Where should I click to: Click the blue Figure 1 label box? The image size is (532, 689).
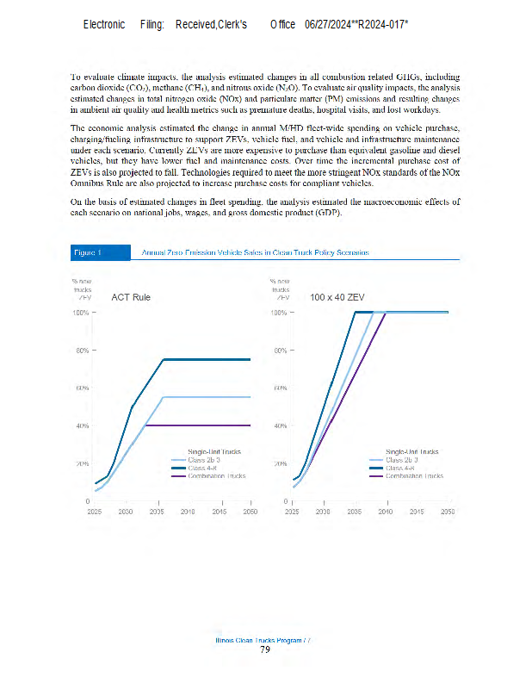89,252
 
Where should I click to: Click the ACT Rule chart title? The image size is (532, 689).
131,297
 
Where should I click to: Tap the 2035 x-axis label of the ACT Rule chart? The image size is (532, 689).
157,511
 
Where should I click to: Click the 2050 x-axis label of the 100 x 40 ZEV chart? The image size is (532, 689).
448,511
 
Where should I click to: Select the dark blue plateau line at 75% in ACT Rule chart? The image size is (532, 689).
207,359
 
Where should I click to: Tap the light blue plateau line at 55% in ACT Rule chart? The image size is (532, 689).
207,397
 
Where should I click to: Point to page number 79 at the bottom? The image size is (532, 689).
265,649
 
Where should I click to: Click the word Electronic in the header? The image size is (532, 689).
103,24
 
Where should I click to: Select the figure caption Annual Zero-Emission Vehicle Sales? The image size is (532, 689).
255,252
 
